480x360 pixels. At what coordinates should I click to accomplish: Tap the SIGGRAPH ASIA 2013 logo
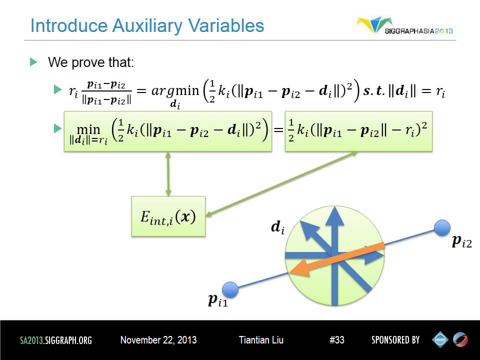tap(405, 26)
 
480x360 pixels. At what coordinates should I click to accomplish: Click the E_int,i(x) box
tap(168, 216)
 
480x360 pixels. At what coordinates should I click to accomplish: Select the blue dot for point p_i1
tap(229, 289)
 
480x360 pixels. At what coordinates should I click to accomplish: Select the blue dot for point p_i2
tap(442, 228)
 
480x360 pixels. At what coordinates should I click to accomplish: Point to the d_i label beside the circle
tap(277, 227)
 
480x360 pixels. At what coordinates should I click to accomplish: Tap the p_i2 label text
tap(461, 242)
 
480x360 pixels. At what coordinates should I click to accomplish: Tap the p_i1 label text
tap(217, 300)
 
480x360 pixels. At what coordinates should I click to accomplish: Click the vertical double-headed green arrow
tap(168, 174)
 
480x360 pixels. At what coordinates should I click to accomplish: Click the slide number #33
tap(337, 340)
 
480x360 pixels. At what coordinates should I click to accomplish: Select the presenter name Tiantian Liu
tap(261, 340)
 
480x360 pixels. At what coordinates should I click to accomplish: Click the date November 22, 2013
tap(158, 340)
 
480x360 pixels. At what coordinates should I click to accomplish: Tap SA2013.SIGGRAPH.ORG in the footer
tap(56, 340)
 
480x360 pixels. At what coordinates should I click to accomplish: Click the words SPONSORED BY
tap(395, 340)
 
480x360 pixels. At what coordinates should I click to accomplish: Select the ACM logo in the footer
tap(440, 339)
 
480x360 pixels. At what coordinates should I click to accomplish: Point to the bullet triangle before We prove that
tap(34, 62)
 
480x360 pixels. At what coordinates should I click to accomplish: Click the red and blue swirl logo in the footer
tap(460, 339)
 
